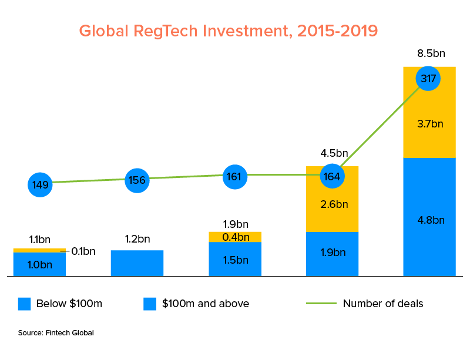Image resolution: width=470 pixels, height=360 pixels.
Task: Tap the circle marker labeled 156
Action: pos(137,180)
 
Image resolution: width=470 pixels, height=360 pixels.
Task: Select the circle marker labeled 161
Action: pos(236,176)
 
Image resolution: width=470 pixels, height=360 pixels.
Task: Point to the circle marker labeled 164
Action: pos(333,176)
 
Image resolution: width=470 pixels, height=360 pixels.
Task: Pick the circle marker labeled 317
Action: pos(428,78)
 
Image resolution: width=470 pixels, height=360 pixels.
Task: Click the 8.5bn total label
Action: pos(431,54)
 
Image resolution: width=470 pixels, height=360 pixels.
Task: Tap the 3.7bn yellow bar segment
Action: pos(429,124)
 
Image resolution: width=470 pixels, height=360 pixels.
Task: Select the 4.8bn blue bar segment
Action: pos(429,220)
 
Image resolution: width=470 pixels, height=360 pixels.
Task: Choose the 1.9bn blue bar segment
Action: pos(333,253)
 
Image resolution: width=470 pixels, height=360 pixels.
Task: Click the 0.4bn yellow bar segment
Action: pos(236,237)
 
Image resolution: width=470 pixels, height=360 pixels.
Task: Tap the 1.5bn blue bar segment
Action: pos(236,260)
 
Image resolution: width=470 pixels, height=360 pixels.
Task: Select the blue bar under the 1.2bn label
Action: pos(137,263)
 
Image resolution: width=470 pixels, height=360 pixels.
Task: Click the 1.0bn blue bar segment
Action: pos(39,264)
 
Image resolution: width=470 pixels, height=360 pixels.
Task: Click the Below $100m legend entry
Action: pos(61,304)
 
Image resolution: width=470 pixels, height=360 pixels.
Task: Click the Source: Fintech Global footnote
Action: pos(56,333)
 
